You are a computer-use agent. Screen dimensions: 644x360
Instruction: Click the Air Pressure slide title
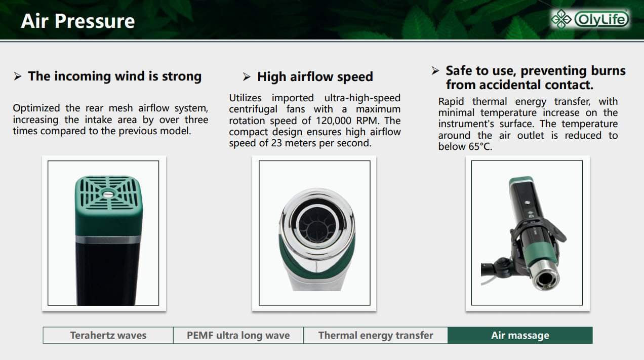tap(77, 21)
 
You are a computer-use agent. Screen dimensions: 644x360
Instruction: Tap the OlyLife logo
tap(590, 19)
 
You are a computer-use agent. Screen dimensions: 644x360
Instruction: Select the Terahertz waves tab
tap(108, 335)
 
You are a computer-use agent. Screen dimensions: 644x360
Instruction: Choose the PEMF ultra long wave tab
tap(238, 335)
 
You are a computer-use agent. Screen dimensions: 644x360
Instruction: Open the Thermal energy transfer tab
tap(376, 335)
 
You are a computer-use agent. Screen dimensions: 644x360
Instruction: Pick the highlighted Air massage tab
tap(520, 335)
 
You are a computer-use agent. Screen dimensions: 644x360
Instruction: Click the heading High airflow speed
tap(315, 77)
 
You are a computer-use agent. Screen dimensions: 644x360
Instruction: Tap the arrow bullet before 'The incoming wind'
tap(18, 76)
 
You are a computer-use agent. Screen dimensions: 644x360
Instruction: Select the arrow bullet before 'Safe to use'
tap(435, 71)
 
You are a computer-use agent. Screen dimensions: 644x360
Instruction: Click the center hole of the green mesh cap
tap(108, 194)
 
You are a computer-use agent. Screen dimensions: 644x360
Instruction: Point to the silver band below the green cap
tap(108, 239)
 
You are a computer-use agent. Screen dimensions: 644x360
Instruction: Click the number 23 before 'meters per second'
tap(276, 143)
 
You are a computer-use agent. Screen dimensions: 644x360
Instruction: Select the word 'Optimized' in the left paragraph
tap(36, 109)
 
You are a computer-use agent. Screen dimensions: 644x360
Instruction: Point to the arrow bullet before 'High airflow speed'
tap(247, 77)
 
